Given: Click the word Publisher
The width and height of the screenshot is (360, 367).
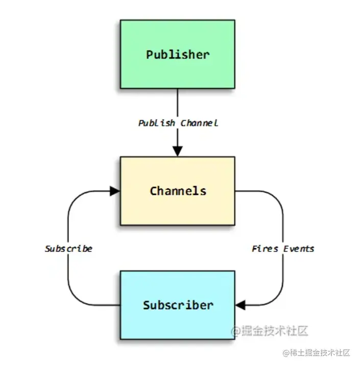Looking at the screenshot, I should tap(178, 54).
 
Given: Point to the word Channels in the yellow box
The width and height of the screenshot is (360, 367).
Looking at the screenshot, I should tap(178, 191).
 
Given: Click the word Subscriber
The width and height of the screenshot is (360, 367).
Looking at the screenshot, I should tap(178, 305).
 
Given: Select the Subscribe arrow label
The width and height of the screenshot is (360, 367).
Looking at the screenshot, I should tap(68, 248).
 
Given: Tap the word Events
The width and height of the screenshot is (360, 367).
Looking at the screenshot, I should tap(298, 248).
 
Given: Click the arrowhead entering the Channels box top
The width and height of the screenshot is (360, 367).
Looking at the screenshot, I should tap(177, 151).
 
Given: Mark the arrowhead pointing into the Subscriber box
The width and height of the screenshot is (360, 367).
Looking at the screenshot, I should tap(241, 305).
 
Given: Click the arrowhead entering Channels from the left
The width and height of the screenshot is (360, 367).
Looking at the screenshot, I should tap(115, 191).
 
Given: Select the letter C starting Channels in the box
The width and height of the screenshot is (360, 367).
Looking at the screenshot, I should tap(153, 191).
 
